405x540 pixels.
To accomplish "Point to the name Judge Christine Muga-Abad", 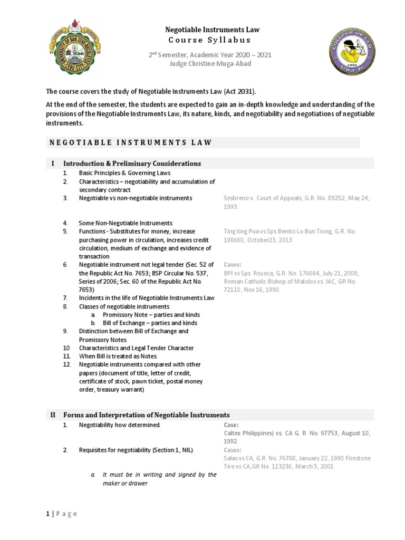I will click(x=210, y=64).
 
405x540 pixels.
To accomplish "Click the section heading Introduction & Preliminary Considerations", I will click(x=132, y=163).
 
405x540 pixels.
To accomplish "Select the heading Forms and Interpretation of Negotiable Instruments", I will click(x=147, y=415).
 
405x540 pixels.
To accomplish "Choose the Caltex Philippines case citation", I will click(x=255, y=433).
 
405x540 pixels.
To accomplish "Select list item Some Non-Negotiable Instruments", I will click(x=126, y=223).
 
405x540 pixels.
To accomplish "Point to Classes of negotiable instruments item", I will click(x=124, y=306).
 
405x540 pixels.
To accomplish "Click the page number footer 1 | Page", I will click(x=61, y=514).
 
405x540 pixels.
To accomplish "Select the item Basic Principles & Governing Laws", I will click(x=124, y=173).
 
